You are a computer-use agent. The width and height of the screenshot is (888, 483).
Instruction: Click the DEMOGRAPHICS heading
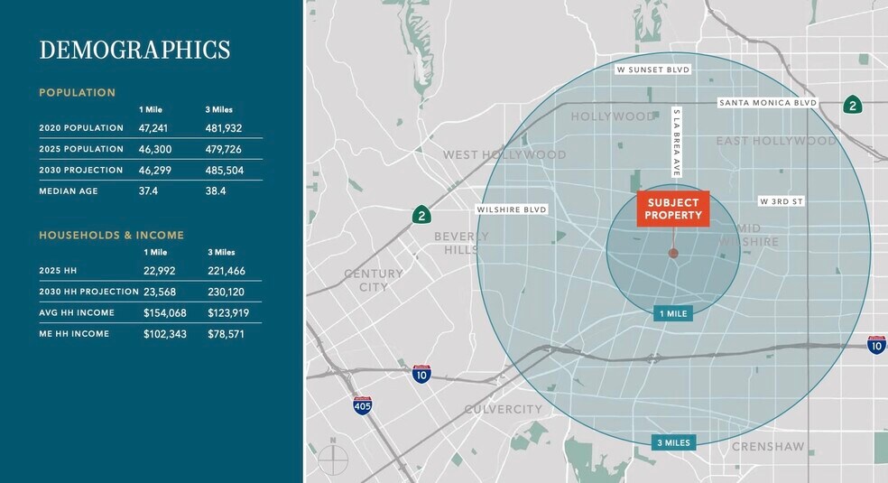pos(134,50)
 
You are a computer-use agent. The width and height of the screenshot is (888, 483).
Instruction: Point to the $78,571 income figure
pos(227,334)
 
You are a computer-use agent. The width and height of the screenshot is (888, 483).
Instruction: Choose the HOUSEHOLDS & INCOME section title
pos(111,235)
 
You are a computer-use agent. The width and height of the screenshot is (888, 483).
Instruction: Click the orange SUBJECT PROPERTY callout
pos(673,209)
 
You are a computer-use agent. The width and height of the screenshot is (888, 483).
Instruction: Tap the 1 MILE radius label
pos(672,313)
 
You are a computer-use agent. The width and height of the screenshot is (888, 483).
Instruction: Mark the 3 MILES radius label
pos(673,442)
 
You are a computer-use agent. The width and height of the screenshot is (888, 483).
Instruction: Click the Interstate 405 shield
pos(362,405)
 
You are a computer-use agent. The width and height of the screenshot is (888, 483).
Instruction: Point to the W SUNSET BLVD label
pos(652,70)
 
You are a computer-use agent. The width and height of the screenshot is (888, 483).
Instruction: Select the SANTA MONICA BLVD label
pos(768,103)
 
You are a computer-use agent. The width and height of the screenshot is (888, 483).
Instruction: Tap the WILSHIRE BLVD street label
pos(512,209)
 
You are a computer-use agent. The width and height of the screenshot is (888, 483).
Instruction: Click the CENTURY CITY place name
pos(374,280)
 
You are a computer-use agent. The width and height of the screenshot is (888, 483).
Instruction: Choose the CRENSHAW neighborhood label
pos(767,446)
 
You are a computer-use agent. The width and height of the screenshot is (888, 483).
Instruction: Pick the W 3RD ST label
pos(781,201)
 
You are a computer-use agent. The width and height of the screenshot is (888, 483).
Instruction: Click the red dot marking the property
pos(673,254)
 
